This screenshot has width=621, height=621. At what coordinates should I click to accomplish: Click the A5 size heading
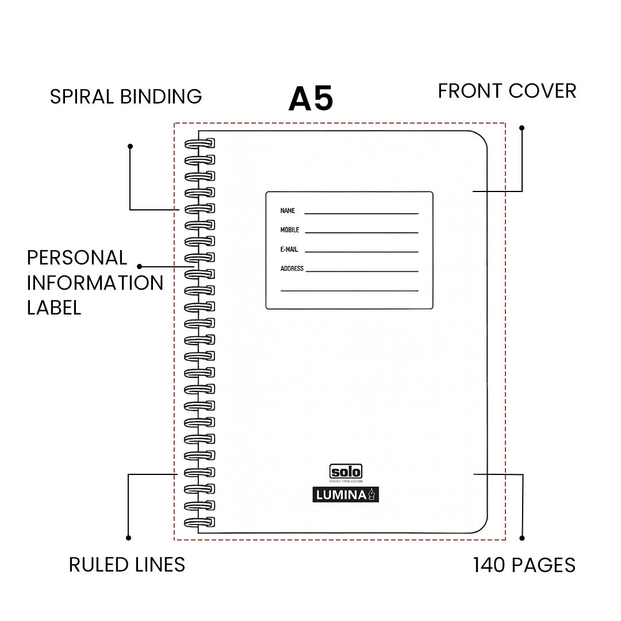[310, 99]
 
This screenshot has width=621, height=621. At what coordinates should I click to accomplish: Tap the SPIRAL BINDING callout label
[126, 96]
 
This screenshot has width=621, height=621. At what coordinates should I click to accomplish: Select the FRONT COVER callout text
[507, 91]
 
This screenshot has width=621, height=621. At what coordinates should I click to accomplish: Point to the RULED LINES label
[127, 565]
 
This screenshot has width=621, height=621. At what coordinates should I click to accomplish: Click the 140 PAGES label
[524, 565]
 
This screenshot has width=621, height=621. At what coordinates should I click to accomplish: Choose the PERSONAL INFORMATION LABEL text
[95, 282]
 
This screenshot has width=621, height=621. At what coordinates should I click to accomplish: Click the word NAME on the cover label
[287, 211]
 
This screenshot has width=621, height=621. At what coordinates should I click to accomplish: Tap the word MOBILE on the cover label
[290, 230]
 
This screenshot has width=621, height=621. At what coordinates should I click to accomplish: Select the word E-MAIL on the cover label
[289, 250]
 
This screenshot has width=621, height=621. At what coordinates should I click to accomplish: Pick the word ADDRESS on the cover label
[292, 269]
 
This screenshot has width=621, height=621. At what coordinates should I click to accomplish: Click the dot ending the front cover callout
[522, 128]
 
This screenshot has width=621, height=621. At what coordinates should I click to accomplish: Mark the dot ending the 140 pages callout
[522, 538]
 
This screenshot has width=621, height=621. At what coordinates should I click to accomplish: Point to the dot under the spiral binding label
[131, 146]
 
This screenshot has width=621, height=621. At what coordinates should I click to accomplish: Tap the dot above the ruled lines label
[128, 538]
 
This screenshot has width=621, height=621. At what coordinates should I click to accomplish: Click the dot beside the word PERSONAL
[140, 266]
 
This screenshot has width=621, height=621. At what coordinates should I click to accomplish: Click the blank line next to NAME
[361, 213]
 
